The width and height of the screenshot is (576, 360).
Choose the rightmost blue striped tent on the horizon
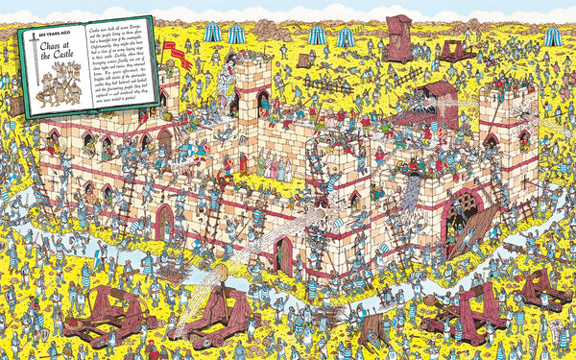554,36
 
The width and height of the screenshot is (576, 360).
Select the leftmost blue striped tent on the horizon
211,33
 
